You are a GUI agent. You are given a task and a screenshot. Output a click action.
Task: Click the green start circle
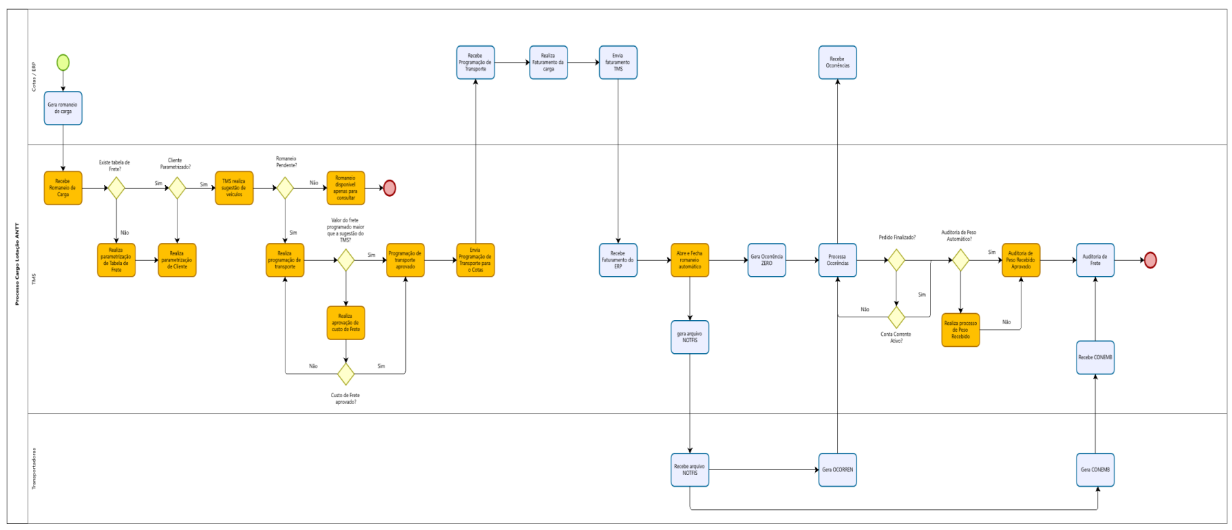(x=63, y=63)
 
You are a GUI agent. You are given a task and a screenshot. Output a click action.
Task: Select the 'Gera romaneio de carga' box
(x=63, y=108)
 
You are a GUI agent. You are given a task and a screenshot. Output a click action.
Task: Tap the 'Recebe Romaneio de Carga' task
(x=63, y=188)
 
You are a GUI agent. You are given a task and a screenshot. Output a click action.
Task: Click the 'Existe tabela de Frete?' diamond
(x=116, y=188)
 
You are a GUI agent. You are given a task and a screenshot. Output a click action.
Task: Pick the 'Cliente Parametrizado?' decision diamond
(x=177, y=188)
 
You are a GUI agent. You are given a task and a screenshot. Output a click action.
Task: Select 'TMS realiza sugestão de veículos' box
(x=234, y=188)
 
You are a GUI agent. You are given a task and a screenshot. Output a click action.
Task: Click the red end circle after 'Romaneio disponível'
(x=389, y=188)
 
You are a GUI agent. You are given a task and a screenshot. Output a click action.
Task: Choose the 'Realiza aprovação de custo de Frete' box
(x=345, y=323)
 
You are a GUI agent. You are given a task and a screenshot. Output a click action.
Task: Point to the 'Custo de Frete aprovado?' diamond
(x=345, y=374)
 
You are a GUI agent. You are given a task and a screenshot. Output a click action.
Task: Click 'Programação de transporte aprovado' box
(x=405, y=260)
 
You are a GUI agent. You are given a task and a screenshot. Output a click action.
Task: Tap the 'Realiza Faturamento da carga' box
(x=548, y=63)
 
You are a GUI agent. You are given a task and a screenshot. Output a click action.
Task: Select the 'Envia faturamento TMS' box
(x=618, y=63)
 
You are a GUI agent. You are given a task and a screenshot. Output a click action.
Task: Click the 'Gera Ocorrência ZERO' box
(x=766, y=260)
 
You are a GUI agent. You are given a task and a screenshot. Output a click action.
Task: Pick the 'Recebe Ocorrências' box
(x=837, y=63)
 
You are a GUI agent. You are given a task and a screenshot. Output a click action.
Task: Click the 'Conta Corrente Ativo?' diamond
(x=896, y=317)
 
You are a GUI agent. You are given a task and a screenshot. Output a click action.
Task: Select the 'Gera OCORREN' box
(x=837, y=469)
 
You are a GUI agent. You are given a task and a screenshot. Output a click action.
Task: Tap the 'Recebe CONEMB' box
(x=1095, y=357)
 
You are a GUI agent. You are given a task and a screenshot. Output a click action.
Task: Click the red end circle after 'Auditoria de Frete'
(x=1149, y=260)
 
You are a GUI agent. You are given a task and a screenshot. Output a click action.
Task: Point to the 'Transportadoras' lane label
(x=34, y=469)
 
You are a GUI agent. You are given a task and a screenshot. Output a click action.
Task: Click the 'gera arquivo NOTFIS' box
(x=689, y=337)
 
